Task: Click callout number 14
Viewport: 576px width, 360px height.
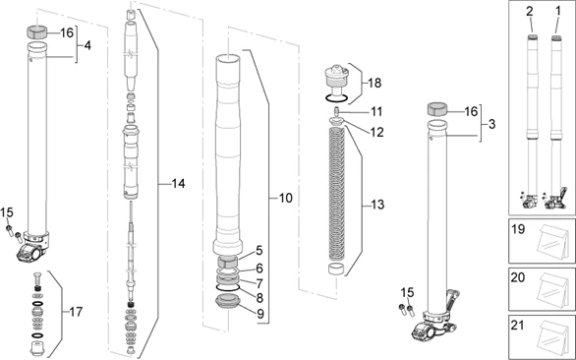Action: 178,184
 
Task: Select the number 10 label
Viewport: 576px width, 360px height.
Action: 285,198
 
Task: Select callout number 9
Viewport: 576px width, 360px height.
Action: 259,314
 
